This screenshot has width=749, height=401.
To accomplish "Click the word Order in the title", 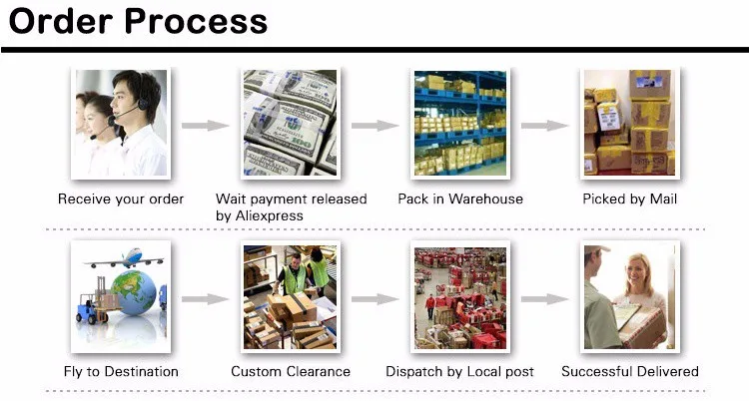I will pyautogui.click(x=60, y=21).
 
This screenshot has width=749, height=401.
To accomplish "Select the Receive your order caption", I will pyautogui.click(x=121, y=200).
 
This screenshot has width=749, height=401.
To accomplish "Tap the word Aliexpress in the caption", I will pyautogui.click(x=260, y=215).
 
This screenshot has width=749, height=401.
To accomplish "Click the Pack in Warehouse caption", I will pyautogui.click(x=460, y=200).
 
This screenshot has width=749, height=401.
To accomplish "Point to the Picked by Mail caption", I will pyautogui.click(x=630, y=200).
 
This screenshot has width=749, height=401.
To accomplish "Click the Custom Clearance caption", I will pyautogui.click(x=291, y=372).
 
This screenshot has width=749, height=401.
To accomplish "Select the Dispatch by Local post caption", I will pyautogui.click(x=460, y=372).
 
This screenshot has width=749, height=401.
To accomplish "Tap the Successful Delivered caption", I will pyautogui.click(x=630, y=372).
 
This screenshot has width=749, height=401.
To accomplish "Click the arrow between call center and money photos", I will pyautogui.click(x=206, y=126).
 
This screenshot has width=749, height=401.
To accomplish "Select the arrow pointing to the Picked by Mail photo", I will pyautogui.click(x=545, y=126).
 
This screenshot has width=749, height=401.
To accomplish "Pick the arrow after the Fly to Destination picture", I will pyautogui.click(x=206, y=298).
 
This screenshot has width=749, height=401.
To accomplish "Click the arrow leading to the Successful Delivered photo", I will pyautogui.click(x=545, y=298).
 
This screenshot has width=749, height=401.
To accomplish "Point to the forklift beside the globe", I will pyautogui.click(x=93, y=304).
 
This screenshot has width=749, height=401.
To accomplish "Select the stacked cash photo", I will pyautogui.click(x=290, y=123).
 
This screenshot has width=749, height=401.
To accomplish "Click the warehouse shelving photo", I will pyautogui.click(x=460, y=123).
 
